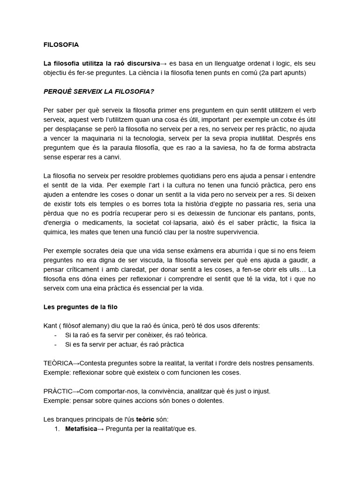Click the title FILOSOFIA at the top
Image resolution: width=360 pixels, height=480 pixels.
(x=61, y=45)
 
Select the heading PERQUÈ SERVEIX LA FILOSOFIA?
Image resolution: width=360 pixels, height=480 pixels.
(x=98, y=91)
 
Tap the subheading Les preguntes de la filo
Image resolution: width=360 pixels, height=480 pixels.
(x=80, y=307)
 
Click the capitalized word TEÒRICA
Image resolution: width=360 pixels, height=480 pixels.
(x=58, y=363)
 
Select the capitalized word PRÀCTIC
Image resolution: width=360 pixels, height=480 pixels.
(x=58, y=391)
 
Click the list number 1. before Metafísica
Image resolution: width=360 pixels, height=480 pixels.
(x=58, y=428)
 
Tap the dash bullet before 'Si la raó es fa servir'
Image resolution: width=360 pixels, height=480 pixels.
(x=56, y=335)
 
